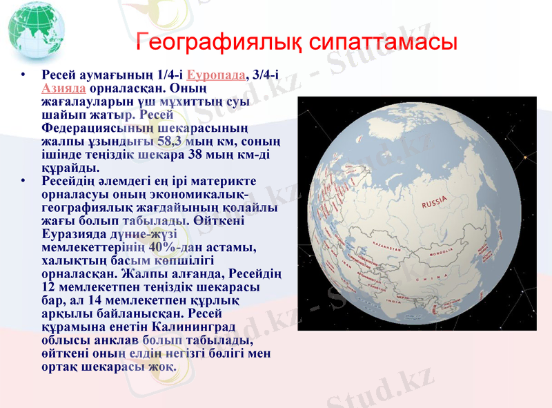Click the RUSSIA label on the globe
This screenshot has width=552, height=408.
point(435,202)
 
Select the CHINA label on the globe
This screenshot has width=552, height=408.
point(433,278)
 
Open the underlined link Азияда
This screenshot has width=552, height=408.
point(63,88)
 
